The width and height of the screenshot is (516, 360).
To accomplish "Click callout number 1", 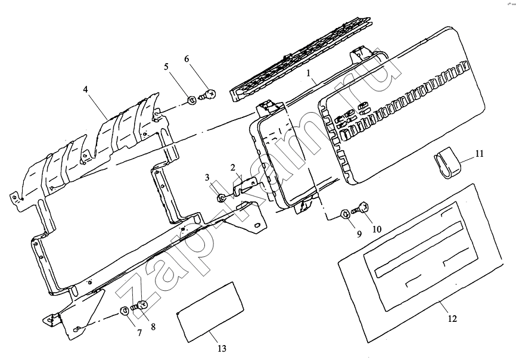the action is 309,73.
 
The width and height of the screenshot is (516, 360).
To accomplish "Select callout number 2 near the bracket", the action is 233,167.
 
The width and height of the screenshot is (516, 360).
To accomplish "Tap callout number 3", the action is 207,178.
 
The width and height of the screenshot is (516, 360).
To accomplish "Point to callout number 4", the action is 86,89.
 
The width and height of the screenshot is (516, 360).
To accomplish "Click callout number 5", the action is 166,67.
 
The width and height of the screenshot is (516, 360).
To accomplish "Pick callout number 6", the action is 186,59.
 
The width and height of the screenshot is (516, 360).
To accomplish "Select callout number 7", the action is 139,333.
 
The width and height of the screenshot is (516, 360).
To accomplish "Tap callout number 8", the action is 153,327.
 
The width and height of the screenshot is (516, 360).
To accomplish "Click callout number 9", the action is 359,234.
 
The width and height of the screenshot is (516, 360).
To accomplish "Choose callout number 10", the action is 377,229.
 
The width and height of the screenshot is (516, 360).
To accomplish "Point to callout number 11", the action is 480,153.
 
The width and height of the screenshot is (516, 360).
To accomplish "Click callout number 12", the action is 452,318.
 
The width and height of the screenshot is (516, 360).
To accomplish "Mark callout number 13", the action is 222,348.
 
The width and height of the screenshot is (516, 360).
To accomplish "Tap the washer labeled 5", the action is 191,100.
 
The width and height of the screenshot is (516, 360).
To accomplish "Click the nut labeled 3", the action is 221,198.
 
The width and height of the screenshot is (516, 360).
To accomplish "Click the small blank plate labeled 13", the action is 210,311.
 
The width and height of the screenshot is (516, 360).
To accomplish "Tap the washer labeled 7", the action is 125,310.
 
